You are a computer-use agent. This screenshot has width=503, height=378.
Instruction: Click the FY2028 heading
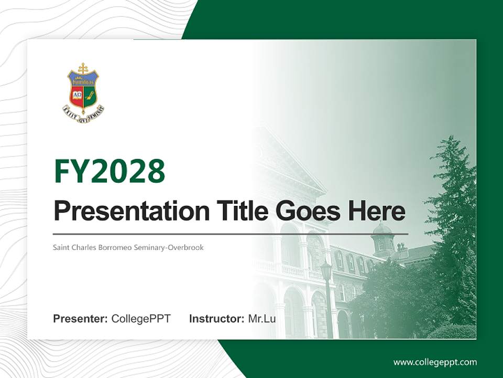point(110,171)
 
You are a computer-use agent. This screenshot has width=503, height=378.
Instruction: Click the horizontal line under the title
point(231,234)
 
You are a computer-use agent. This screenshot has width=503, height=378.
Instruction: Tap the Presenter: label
point(81,318)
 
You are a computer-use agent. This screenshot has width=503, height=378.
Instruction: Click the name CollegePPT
point(141,318)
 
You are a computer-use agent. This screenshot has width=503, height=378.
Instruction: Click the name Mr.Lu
point(261,318)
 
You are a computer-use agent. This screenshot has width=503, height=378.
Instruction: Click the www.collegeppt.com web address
point(435,362)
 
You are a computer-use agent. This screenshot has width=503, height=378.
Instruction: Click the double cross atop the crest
point(83,68)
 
